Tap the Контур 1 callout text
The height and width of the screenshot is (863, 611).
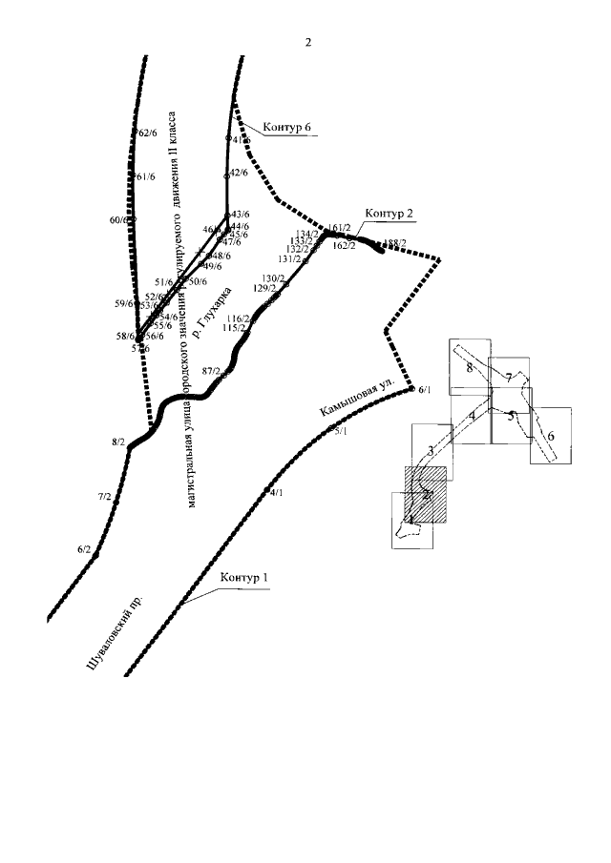pos(245,577)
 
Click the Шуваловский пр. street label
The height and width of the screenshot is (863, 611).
pos(115,636)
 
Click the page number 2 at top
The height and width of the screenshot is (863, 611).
pos(307,43)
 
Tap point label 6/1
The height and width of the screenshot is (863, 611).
pos(425,390)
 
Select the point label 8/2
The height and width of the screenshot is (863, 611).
pos(118,442)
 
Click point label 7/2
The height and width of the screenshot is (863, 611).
pos(104,497)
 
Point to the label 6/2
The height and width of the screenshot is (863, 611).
pos(83,549)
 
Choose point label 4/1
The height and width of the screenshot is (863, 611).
pos(277,493)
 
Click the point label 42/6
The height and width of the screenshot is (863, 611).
pos(239,173)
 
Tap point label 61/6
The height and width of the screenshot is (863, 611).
pos(146,176)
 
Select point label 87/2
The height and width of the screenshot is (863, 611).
pos(211,371)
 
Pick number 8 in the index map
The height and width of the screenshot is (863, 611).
pos(470,367)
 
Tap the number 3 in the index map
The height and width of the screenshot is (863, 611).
pos(432,450)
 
